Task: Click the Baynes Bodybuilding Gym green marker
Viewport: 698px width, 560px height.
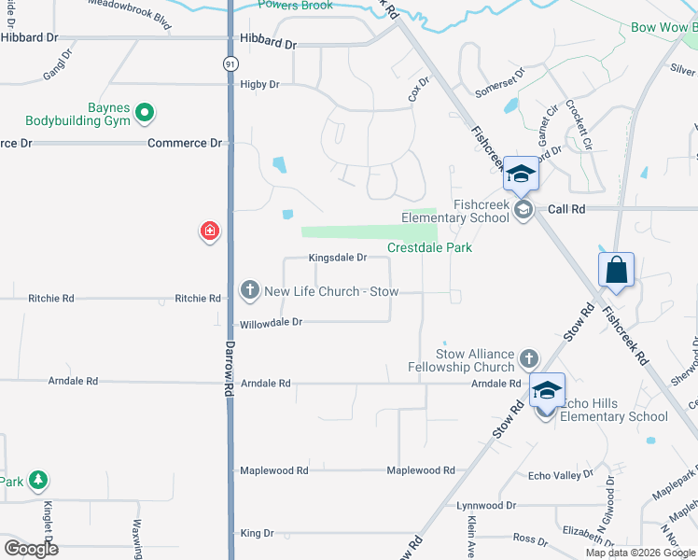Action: (x=145, y=114)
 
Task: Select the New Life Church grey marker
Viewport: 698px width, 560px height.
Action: (x=249, y=291)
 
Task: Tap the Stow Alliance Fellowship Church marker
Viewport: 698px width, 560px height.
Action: (x=528, y=357)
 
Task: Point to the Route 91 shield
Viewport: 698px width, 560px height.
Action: (x=230, y=63)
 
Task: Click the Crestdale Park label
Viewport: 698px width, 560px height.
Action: (x=430, y=247)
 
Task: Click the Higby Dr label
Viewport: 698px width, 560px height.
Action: (x=259, y=84)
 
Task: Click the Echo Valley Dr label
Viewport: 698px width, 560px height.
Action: (x=560, y=475)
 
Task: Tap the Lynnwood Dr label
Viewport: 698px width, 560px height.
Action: (x=486, y=505)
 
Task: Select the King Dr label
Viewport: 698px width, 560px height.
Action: (x=257, y=533)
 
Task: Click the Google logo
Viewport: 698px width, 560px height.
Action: (x=31, y=549)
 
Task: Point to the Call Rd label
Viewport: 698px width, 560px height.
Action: (x=566, y=210)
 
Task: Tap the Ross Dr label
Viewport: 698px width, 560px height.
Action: (x=530, y=539)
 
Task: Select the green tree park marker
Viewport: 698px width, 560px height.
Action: (x=37, y=480)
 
